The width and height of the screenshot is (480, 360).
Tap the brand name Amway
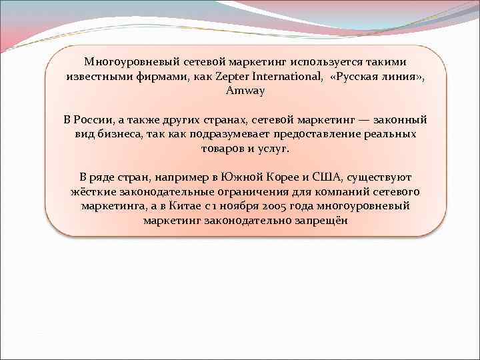[x=245, y=91]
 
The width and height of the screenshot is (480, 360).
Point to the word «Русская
[x=357, y=76]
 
